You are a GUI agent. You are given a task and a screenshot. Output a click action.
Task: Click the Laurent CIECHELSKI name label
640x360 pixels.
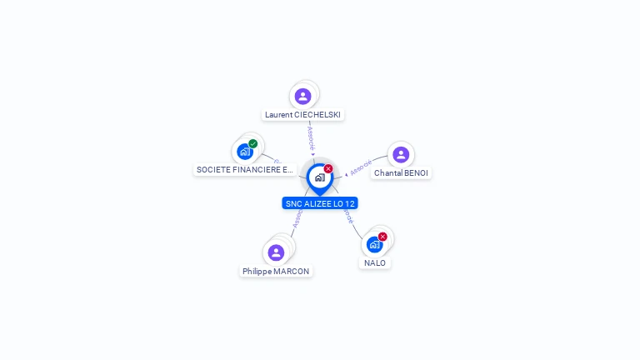pos(302,115)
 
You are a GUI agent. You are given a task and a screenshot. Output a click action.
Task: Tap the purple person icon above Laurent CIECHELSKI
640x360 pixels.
pos(302,96)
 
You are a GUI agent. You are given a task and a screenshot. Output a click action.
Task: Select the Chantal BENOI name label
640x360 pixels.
pos(401,173)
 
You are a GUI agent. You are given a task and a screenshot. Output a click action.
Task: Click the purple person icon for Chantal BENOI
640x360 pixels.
pos(401,154)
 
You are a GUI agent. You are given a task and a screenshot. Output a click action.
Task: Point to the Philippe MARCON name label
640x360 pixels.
pos(276,272)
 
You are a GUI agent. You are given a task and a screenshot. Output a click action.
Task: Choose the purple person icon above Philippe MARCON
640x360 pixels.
pos(276,252)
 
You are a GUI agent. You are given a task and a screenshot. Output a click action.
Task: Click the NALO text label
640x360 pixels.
pos(375,263)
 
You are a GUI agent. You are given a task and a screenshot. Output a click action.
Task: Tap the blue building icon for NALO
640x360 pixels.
pos(374,244)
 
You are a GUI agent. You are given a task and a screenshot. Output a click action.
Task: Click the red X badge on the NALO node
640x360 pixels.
pos(382,237)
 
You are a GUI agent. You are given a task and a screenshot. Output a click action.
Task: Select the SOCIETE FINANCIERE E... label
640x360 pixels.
pos(245,170)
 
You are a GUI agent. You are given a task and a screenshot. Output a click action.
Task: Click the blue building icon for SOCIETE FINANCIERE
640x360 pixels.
pos(244,152)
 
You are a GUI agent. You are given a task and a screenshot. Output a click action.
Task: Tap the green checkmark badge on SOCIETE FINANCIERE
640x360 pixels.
pos(252,143)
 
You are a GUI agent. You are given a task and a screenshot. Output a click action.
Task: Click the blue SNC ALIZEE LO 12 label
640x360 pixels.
pos(320,203)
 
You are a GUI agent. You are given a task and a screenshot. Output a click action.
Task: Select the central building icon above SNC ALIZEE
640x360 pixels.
pos(319,177)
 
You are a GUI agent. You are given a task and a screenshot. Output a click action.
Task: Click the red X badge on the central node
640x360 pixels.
pos(328,169)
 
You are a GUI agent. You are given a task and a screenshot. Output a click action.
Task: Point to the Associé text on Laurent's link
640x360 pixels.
pos(311,137)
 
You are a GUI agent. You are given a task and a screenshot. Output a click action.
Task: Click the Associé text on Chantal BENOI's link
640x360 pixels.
pos(362,167)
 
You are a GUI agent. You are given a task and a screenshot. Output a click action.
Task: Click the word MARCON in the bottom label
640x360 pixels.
pos(292,272)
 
